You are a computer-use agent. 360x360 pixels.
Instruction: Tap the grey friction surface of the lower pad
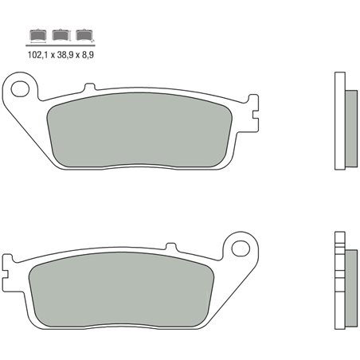point(123,292)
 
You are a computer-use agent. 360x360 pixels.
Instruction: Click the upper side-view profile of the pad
point(343,120)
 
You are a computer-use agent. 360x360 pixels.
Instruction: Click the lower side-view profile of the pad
point(343,283)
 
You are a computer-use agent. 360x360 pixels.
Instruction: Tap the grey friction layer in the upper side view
point(349,121)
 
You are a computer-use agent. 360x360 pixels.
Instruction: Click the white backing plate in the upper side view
point(339,120)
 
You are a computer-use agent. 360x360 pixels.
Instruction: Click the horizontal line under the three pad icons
point(60,45)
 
